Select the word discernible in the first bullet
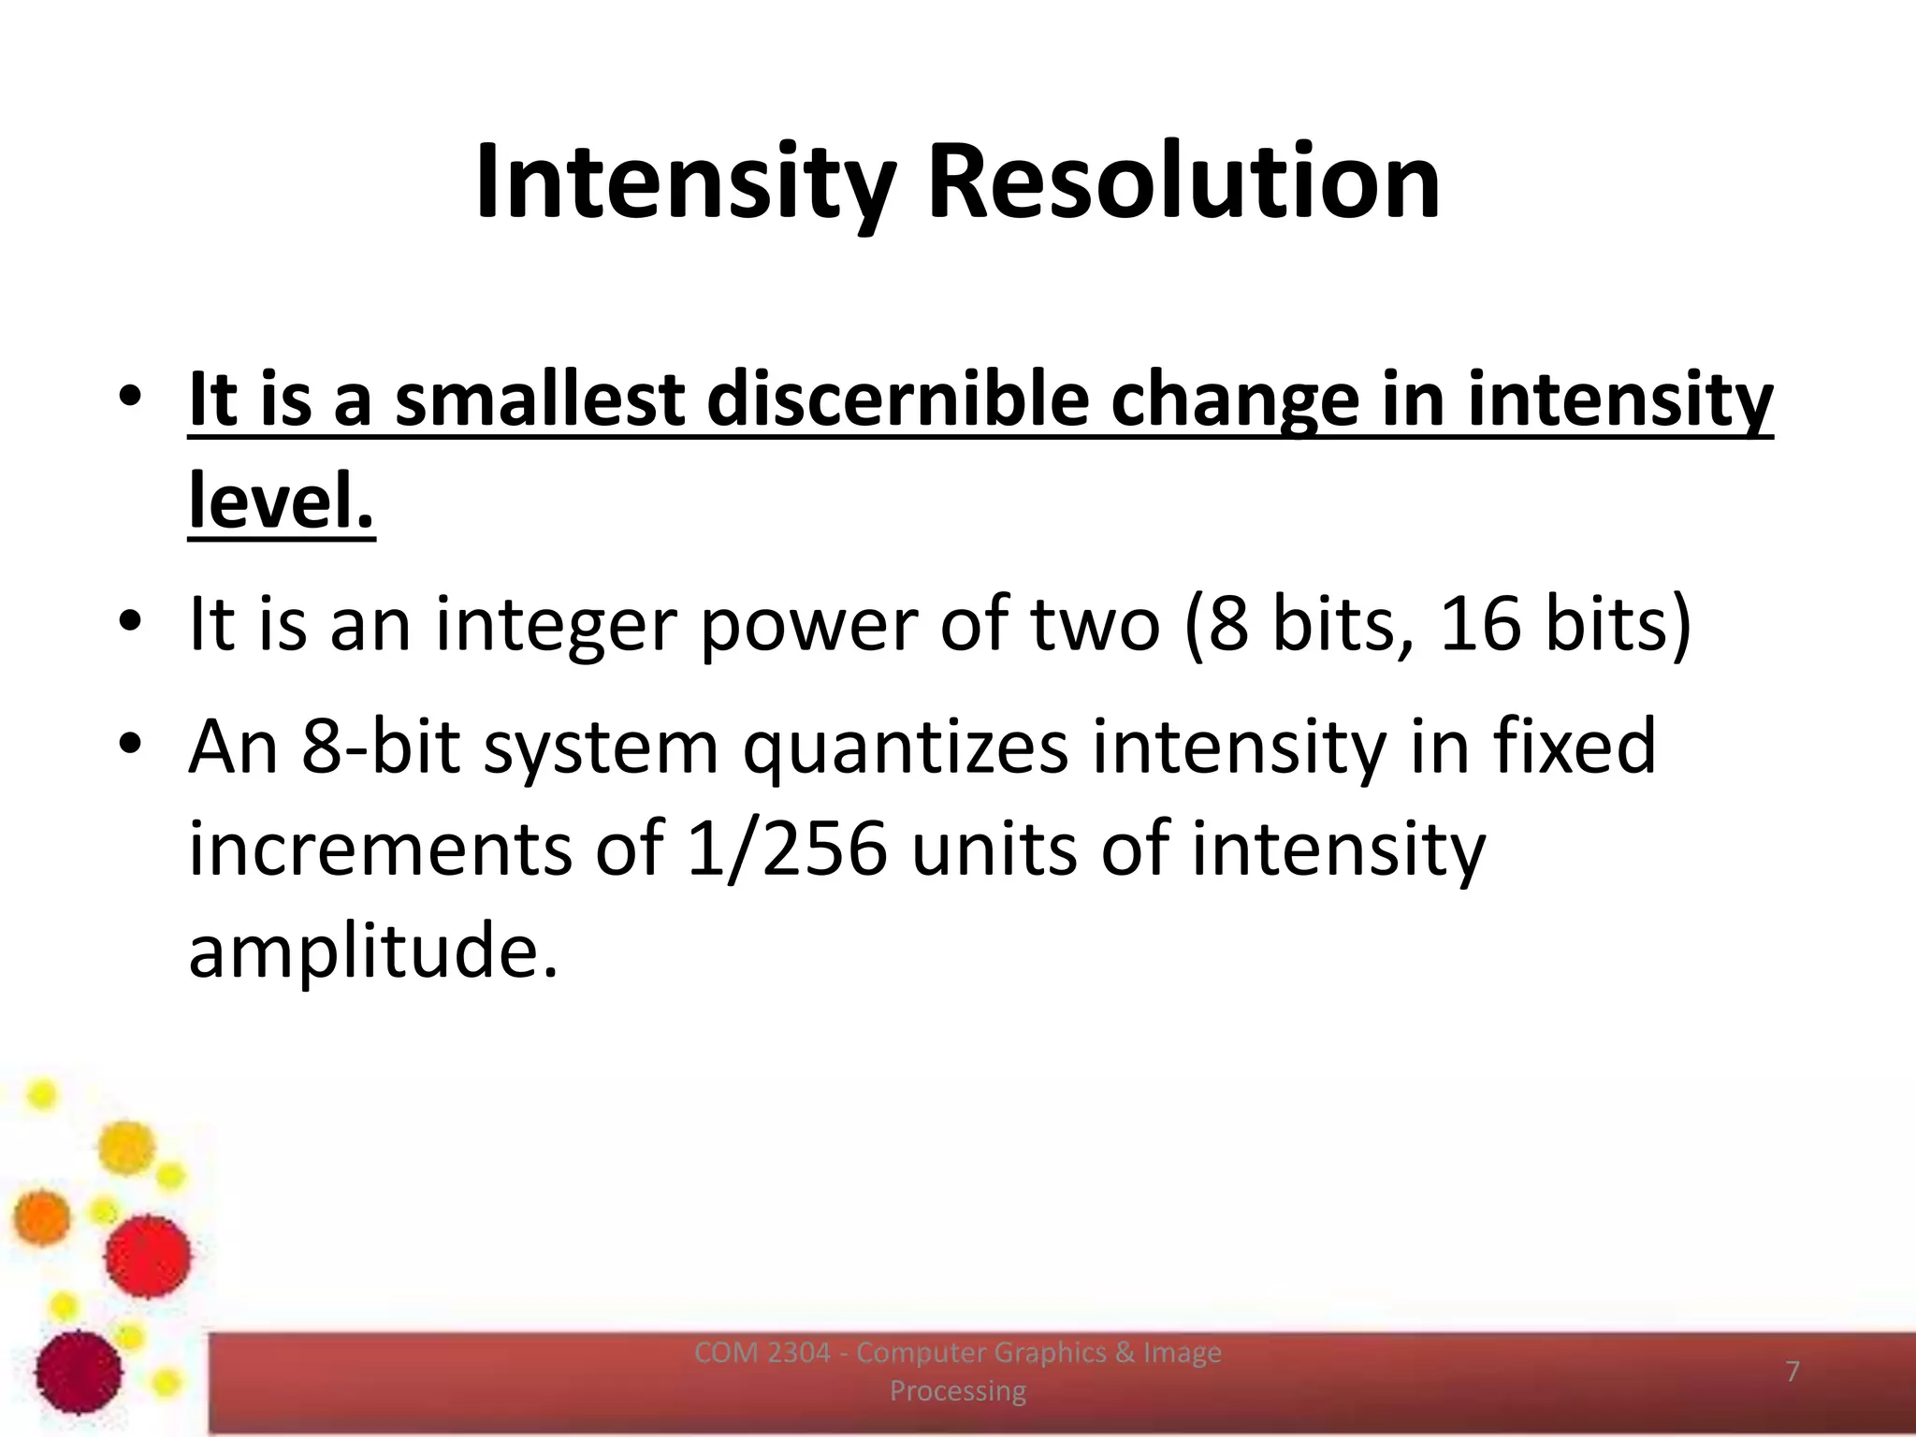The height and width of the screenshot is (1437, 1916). tap(898, 399)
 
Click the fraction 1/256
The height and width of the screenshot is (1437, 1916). tap(786, 849)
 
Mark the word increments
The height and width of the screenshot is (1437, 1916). tap(380, 849)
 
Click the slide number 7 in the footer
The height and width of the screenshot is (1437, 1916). tap(1793, 1372)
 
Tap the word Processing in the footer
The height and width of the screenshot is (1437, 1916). tap(957, 1391)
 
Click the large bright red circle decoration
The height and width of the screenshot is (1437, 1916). tap(148, 1256)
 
